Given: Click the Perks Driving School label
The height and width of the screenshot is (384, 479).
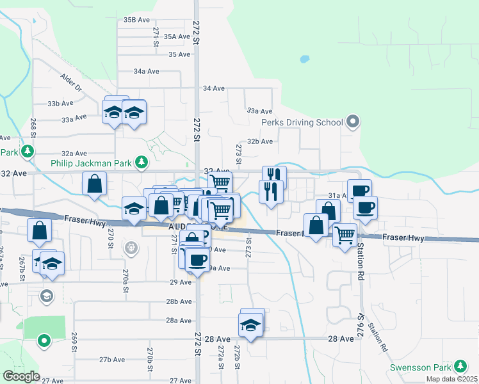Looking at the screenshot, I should click(x=302, y=122).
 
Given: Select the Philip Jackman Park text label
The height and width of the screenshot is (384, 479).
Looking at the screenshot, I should click(x=91, y=163).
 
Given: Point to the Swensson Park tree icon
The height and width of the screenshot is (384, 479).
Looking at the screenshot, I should click(x=460, y=366).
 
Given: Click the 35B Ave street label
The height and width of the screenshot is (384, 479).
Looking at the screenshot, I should click(x=136, y=20).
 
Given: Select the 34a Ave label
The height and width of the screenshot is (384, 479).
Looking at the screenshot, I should click(x=146, y=71).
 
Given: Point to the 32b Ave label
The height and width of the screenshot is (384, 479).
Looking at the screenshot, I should click(x=261, y=141).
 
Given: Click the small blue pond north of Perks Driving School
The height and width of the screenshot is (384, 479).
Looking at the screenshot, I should click(x=305, y=60).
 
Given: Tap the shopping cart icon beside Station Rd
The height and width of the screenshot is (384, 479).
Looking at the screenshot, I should click(x=345, y=236).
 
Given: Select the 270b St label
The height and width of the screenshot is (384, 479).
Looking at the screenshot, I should click(x=149, y=355).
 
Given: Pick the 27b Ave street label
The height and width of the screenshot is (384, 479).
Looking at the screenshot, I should click(x=112, y=359).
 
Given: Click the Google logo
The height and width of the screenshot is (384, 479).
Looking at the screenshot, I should click(x=20, y=376).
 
